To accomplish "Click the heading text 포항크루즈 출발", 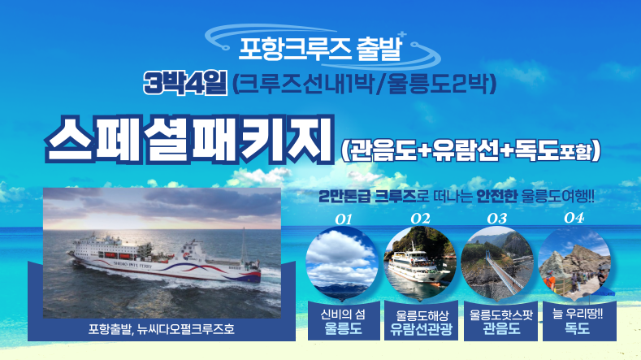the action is pyautogui.click(x=319, y=49).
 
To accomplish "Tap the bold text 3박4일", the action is pyautogui.click(x=184, y=83).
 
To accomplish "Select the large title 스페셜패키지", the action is pyautogui.click(x=189, y=140).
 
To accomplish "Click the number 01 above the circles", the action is pyautogui.click(x=344, y=219).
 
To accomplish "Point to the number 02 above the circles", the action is pyautogui.click(x=420, y=219).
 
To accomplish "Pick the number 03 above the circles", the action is pyautogui.click(x=497, y=219).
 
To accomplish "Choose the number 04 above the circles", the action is pyautogui.click(x=574, y=218).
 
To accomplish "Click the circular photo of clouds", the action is pyautogui.click(x=342, y=264).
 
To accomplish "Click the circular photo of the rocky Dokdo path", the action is pyautogui.click(x=574, y=264).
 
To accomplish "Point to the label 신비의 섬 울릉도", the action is pyautogui.click(x=343, y=322).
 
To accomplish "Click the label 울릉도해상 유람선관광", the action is pyautogui.click(x=421, y=323).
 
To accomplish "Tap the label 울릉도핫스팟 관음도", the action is pyautogui.click(x=501, y=322).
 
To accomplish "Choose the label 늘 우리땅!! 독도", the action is pyautogui.click(x=578, y=321).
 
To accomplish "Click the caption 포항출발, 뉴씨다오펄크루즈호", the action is pyautogui.click(x=162, y=329).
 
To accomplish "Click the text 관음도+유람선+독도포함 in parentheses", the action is pyautogui.click(x=470, y=151).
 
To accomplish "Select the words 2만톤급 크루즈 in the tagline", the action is pyautogui.click(x=367, y=197).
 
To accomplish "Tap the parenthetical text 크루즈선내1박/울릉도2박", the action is pyautogui.click(x=364, y=84).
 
